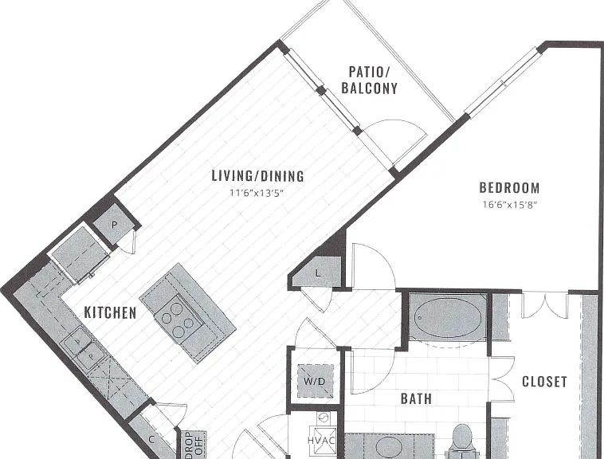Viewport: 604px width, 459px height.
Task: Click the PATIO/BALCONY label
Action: (x=369, y=80)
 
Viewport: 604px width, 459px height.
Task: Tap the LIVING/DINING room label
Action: (x=257, y=176)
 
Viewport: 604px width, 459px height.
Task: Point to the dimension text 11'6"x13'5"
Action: (x=257, y=193)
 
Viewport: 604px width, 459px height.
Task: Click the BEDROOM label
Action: (x=509, y=188)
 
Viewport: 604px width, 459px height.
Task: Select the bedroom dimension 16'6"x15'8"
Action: (x=510, y=205)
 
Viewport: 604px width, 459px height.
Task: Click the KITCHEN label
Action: (x=110, y=312)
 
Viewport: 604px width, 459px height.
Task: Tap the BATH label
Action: (x=416, y=398)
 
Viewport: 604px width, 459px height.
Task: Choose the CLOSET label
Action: (x=544, y=382)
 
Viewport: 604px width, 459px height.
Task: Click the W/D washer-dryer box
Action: (x=315, y=381)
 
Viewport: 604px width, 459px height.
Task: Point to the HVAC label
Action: (x=322, y=440)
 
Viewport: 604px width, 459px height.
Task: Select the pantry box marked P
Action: (x=114, y=225)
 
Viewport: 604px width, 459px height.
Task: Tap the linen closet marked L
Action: (x=317, y=273)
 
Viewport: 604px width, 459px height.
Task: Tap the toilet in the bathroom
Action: (x=462, y=441)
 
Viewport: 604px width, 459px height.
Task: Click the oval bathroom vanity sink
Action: (x=389, y=447)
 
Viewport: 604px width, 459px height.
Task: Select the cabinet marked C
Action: (x=151, y=438)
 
